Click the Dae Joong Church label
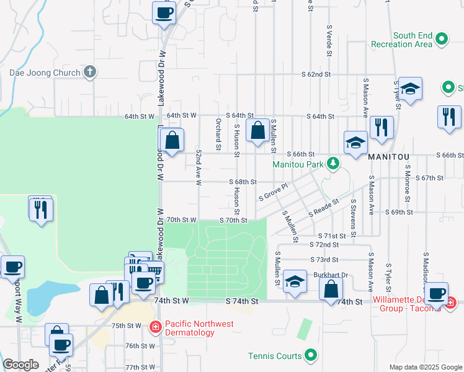(45, 73)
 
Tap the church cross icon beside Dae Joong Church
(90, 72)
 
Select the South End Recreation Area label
(401, 40)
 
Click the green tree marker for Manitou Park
(334, 164)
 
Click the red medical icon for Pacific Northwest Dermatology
(156, 326)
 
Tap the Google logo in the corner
(20, 365)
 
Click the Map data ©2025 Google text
(425, 367)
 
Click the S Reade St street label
(323, 208)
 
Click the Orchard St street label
(218, 134)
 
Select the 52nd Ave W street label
(199, 167)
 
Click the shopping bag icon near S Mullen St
(257, 130)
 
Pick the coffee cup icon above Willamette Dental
(437, 293)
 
